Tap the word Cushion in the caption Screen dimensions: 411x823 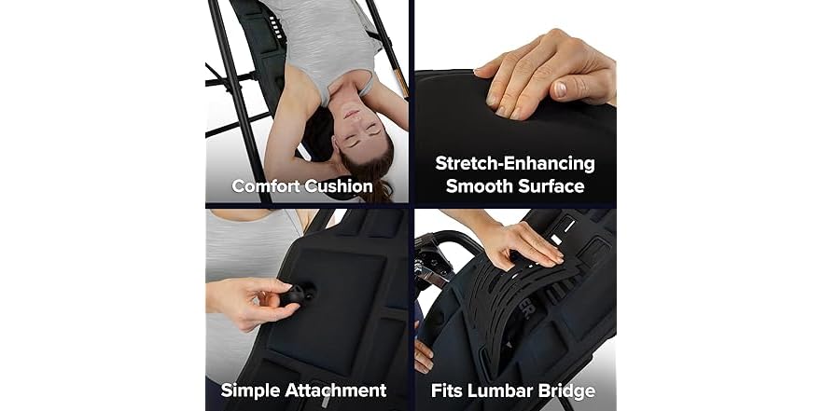coord(338,186)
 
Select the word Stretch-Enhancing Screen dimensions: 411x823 coord(515,164)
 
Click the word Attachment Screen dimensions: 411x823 coord(334,390)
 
